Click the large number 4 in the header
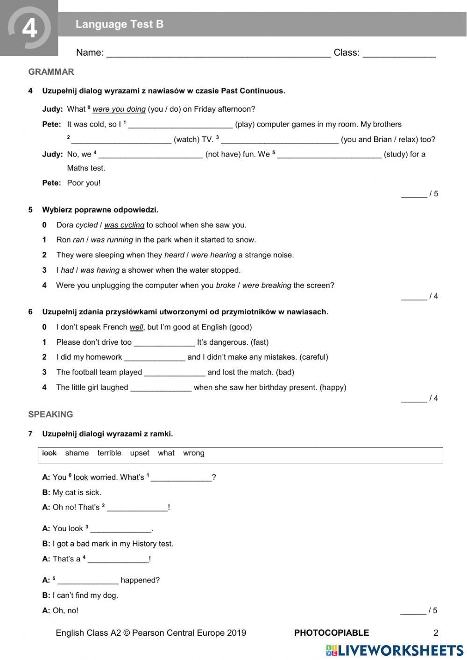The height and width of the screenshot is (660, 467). coord(29,28)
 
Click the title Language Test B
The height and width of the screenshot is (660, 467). coord(120,24)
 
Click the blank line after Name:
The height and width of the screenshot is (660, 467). coord(219,53)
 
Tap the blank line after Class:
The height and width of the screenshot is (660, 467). coord(399,53)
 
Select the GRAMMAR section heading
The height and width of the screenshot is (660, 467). coord(51,72)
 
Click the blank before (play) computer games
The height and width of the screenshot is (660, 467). coord(180,125)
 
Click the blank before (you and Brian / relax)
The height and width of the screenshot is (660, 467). coord(279,140)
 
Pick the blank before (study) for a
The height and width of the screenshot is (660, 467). coord(329,155)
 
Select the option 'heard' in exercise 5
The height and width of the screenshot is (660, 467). coord(174,255)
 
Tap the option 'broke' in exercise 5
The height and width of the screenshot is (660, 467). coord(225,285)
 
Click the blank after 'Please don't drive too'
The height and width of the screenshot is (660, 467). coord(164,342)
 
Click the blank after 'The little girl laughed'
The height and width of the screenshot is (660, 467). coord(161,388)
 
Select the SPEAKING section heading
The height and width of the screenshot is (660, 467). coord(50,414)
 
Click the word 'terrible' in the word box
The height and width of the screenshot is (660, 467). coord(109,453)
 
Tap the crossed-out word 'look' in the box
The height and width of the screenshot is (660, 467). coord(49,453)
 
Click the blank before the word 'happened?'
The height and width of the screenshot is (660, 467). coord(88,581)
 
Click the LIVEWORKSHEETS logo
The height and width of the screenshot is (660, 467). coord(395,650)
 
